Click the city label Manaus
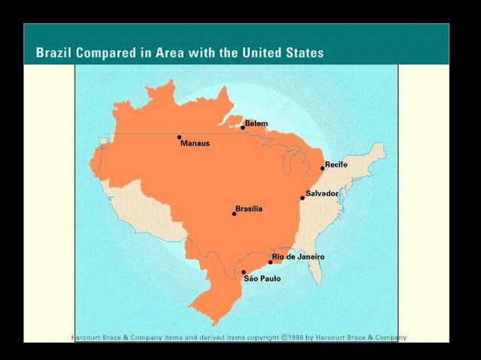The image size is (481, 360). coord(195,143)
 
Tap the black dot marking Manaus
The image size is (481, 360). coord(179,137)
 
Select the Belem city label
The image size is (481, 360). coord(256,123)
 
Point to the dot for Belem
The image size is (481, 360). coord(243,127)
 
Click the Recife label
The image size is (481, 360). coord(336,164)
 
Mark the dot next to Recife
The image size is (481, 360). coord(323,168)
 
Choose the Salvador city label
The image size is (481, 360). coord(322,194)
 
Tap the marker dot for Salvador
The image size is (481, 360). coord(303,197)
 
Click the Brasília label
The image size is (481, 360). coord(249,209)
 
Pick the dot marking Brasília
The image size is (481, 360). coord(234,213)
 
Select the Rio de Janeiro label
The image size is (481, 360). coord(299,257)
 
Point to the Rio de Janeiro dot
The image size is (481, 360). coord(271,261)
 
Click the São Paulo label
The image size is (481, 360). coord(262,279)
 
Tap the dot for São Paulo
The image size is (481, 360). coord(244,272)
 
